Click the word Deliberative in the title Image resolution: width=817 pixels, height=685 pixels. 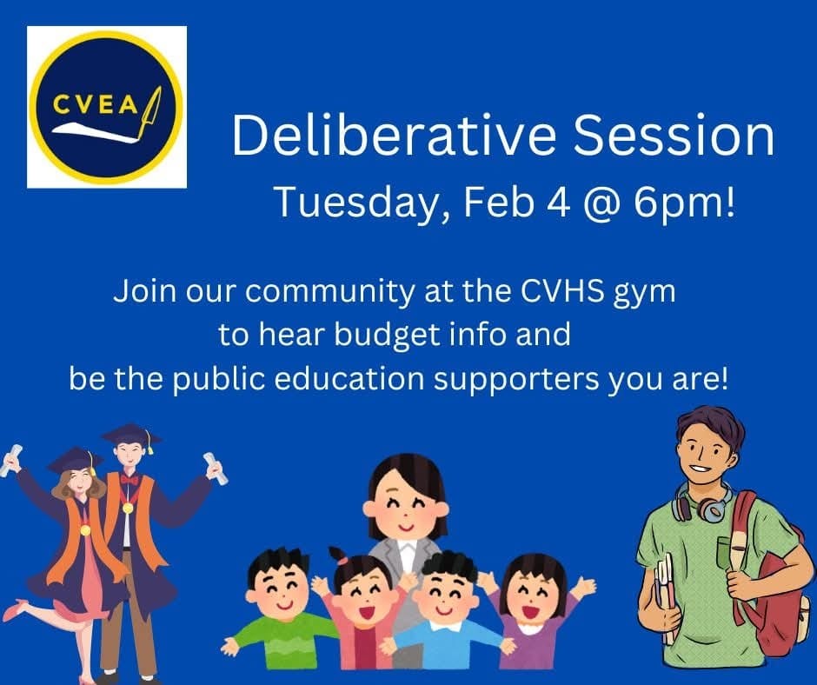coord(395,136)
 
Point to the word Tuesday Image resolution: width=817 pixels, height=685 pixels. coord(356,203)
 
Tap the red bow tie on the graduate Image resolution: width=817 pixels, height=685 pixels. coord(129,479)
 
